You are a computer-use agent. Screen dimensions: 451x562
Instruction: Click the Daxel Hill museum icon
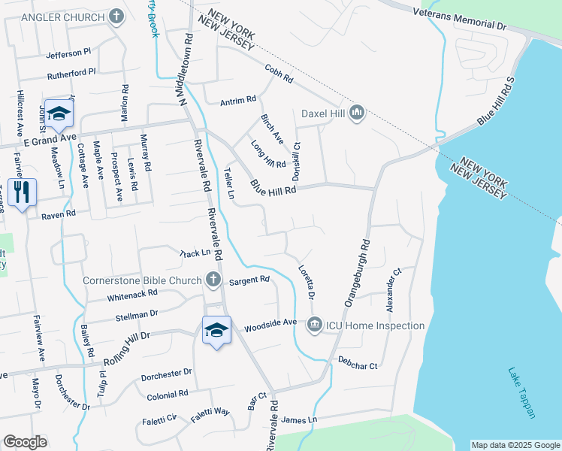coord(356,114)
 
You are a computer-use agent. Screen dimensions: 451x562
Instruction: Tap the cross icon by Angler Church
coord(116,16)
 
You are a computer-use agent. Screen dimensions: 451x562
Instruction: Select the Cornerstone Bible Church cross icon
coord(213,280)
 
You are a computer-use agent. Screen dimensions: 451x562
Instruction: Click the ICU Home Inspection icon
coord(314,325)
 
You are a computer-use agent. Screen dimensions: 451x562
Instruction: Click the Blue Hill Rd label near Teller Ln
coord(273,185)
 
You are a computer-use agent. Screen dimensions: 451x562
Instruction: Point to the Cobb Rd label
coord(278,74)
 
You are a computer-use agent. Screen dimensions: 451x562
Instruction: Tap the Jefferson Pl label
coord(68,54)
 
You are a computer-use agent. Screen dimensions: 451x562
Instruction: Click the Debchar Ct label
coord(357,362)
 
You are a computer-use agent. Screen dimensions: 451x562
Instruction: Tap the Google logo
coord(25,442)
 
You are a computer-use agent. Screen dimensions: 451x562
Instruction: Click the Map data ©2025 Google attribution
coord(515,445)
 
